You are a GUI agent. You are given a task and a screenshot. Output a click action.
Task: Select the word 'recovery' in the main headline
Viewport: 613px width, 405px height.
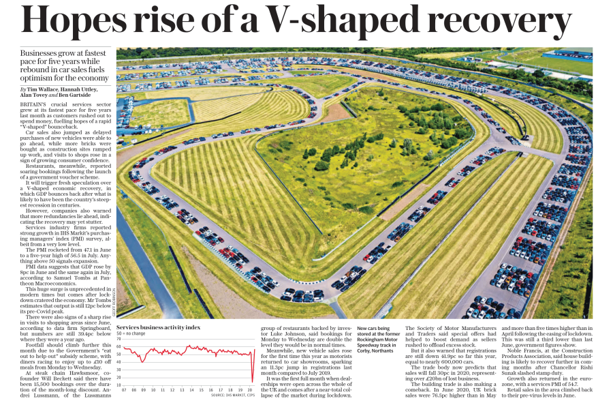[500, 20]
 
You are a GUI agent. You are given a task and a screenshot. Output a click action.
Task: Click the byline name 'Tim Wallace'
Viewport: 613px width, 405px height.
[42, 89]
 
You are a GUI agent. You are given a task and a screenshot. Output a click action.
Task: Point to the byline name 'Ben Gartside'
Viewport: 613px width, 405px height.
[75, 95]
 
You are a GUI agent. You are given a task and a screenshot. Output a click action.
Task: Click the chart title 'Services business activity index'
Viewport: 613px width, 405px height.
[158, 327]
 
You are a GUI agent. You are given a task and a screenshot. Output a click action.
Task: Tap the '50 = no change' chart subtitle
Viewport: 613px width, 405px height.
[131, 334]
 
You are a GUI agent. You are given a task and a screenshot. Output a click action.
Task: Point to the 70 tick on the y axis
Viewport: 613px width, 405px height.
[119, 339]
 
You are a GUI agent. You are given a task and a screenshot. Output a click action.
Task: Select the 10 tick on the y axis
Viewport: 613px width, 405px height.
[119, 385]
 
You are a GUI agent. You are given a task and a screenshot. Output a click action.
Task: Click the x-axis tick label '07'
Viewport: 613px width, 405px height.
[124, 390]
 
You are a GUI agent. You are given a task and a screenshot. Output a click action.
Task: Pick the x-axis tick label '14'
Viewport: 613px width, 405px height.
[191, 390]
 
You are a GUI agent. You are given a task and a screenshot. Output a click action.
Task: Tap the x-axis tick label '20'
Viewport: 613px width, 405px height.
[250, 390]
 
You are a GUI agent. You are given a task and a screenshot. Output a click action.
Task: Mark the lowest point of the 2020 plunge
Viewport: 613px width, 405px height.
[252, 382]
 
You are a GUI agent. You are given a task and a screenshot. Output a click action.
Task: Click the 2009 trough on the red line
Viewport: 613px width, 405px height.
[143, 362]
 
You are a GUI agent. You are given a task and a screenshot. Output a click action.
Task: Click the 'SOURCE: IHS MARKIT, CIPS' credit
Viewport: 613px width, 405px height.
[233, 395]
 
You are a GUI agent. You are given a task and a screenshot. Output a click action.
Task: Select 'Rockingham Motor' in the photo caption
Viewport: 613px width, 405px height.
[377, 340]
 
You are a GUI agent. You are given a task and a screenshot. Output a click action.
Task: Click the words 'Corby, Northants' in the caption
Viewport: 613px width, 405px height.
[375, 351]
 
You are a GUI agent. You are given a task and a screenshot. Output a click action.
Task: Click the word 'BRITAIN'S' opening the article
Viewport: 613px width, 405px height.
[33, 104]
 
